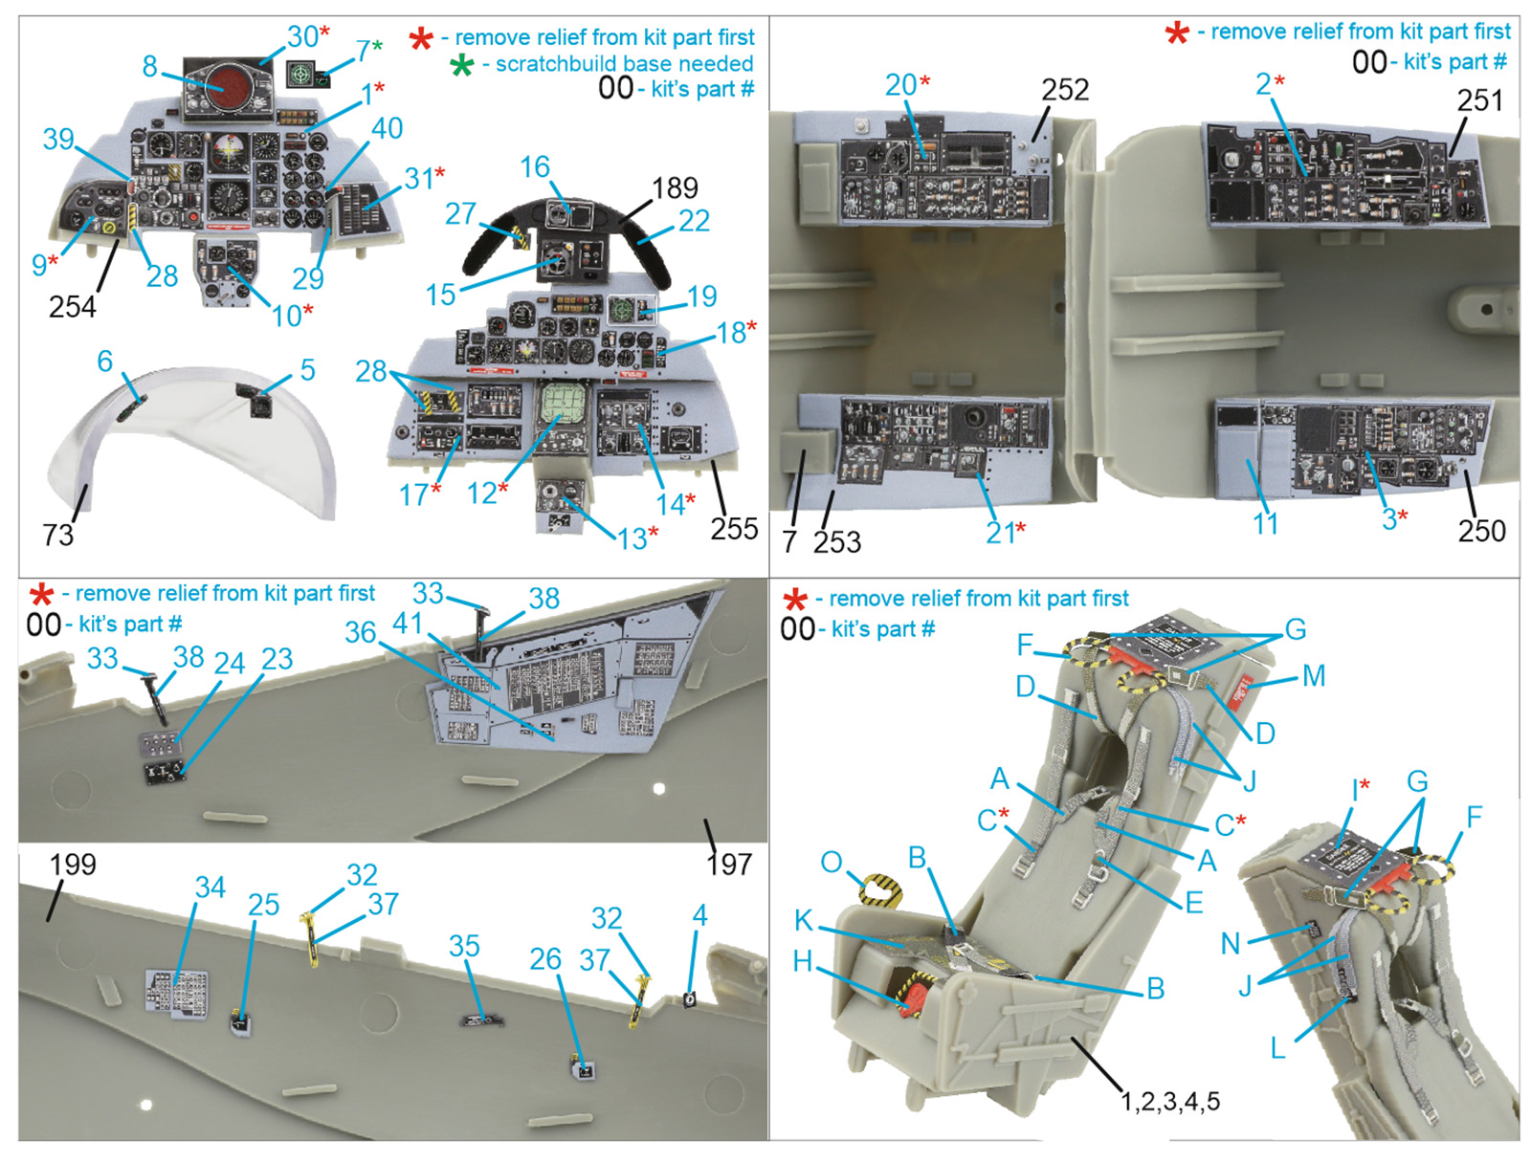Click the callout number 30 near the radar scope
(302, 36)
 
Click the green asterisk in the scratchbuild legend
(462, 65)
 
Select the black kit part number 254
(73, 306)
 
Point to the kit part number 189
(675, 187)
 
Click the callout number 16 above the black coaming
(535, 166)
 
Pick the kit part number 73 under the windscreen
(58, 534)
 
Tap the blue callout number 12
(481, 493)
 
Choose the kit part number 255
(734, 528)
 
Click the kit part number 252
(1065, 89)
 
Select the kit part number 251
(1479, 99)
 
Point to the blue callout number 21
(999, 533)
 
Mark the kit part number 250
(1481, 530)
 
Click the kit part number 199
(73, 865)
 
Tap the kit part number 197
(729, 865)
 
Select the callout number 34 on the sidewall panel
(211, 887)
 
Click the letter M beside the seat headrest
(1314, 675)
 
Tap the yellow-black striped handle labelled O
(881, 890)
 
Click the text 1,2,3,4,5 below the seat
(1170, 1101)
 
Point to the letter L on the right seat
(1277, 1048)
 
